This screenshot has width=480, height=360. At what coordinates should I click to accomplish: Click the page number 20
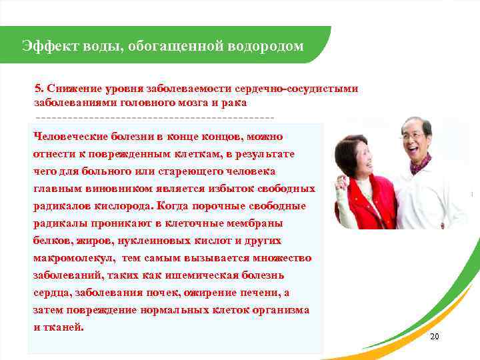click(x=435, y=337)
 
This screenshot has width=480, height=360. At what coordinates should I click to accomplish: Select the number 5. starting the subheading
click(x=39, y=88)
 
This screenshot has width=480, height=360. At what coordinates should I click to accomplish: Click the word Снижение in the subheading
click(x=69, y=88)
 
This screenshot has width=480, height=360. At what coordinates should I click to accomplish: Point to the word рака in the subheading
click(x=235, y=103)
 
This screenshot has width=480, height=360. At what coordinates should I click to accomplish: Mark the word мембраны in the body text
click(x=258, y=223)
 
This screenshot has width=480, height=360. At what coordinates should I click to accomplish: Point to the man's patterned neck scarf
click(x=421, y=163)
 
